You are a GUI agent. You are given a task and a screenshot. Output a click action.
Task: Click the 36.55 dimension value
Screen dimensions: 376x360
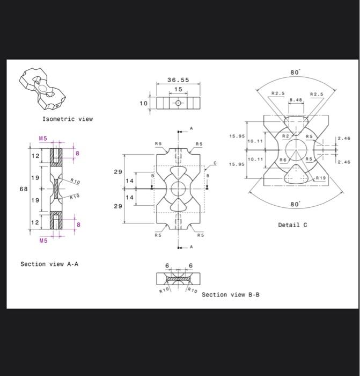178,79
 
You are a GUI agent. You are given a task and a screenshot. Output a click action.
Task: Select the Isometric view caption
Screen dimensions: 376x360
68,119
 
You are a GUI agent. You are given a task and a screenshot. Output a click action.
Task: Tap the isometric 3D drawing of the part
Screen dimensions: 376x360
45,88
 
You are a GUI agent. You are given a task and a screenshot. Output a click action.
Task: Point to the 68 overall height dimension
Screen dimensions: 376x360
24,189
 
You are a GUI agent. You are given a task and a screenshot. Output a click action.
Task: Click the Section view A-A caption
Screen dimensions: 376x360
49,264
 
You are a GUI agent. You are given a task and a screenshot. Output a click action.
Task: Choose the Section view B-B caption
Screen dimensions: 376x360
230,294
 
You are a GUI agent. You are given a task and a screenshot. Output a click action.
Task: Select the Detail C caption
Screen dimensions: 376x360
292,225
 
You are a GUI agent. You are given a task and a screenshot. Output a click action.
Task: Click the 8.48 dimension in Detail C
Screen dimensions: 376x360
296,99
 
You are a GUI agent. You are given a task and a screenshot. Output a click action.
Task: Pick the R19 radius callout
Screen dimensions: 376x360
320,177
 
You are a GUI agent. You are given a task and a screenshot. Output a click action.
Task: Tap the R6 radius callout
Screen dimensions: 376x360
282,160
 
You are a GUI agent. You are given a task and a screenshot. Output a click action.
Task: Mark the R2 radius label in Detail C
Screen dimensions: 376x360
285,137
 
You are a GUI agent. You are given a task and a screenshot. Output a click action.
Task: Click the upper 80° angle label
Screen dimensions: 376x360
296,72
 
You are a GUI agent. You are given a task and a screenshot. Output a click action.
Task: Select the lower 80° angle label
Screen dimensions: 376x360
296,205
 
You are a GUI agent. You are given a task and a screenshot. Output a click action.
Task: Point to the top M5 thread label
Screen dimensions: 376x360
43,138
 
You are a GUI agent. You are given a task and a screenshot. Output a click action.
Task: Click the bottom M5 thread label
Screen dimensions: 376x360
43,241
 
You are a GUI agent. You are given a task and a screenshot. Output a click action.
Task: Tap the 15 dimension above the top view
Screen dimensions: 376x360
178,89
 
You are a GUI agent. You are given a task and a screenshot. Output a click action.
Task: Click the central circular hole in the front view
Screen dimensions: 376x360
178,189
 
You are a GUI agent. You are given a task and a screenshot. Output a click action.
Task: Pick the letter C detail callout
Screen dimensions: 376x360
216,162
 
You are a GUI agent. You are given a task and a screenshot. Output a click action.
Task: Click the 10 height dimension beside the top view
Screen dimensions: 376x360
143,102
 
